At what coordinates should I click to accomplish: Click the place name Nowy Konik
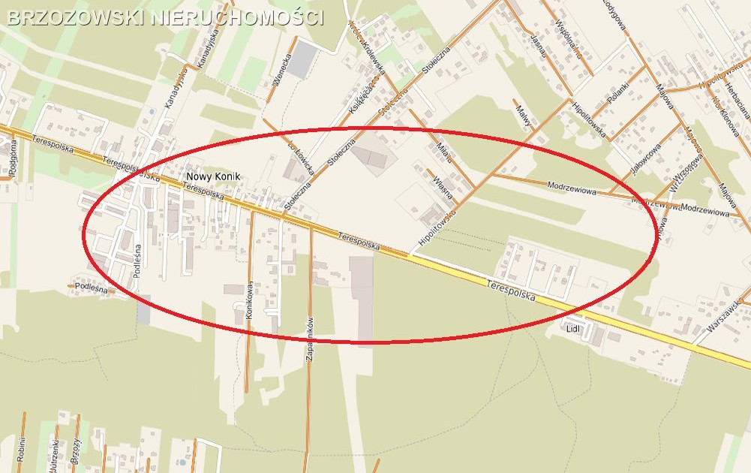click(x=212, y=177)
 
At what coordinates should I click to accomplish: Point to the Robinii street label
click(x=23, y=449)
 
